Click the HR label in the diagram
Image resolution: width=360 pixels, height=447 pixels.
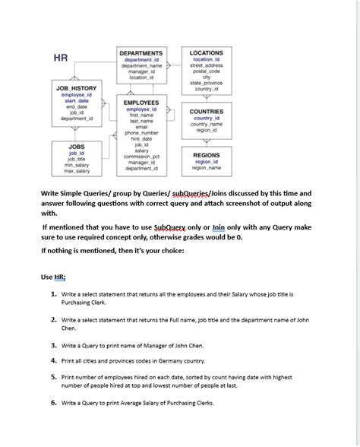click(x=60, y=58)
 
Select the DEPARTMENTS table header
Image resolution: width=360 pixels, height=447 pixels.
click(x=142, y=53)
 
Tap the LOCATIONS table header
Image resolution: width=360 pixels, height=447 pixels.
click(x=206, y=53)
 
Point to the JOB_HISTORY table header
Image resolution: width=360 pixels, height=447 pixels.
click(x=77, y=88)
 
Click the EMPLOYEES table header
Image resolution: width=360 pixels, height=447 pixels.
click(x=141, y=102)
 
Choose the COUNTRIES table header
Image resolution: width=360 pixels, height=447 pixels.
click(x=206, y=112)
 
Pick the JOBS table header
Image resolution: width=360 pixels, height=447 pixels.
click(x=77, y=146)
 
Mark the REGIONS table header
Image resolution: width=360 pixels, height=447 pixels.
click(x=206, y=155)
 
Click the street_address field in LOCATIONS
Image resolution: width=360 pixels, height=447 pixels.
click(x=206, y=65)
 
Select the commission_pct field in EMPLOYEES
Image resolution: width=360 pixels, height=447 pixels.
click(x=141, y=157)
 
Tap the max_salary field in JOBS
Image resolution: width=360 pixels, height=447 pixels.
click(x=77, y=170)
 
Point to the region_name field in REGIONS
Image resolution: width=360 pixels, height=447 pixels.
click(x=206, y=167)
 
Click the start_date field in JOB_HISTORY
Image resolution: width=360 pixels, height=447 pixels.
click(x=77, y=100)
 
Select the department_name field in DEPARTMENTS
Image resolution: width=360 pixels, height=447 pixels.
click(x=142, y=65)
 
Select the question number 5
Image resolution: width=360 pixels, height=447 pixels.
click(x=55, y=376)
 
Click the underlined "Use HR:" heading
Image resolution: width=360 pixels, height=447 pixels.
click(x=53, y=277)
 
